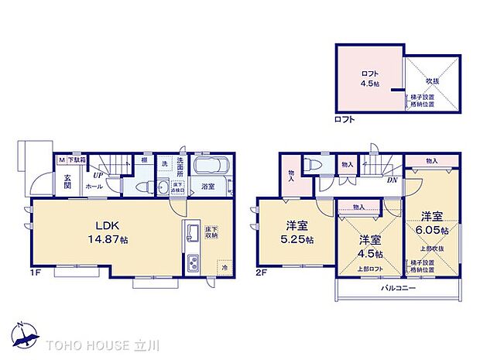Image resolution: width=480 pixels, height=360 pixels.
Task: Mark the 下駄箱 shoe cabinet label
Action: click(75, 159)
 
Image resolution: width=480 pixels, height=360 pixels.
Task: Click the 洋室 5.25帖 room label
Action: click(297, 231)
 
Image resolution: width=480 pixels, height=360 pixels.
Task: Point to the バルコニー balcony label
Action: click(399, 287)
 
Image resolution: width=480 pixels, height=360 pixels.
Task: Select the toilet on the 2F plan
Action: click(314, 165)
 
